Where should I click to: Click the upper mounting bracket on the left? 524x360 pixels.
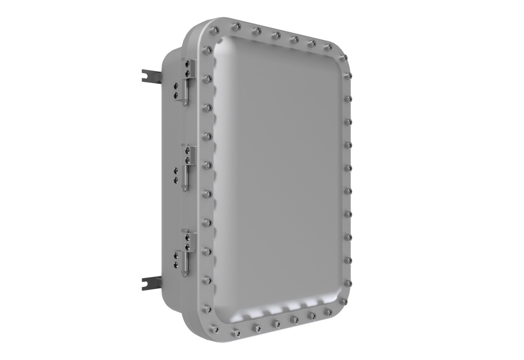150,75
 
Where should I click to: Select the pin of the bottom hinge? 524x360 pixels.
185,266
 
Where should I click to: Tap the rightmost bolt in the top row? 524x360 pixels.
329,47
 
